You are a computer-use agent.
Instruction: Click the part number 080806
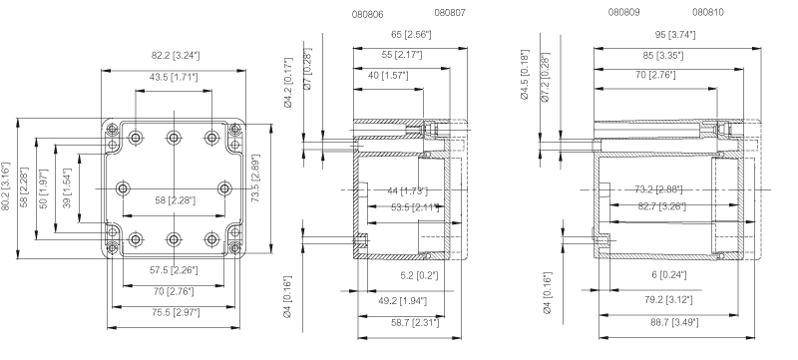[x=367, y=14]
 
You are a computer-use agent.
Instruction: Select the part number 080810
[x=708, y=12]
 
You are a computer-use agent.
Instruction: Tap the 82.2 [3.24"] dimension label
[x=176, y=56]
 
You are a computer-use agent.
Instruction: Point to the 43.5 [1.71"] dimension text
[x=174, y=78]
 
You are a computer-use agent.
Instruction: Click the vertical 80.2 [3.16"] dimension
[x=6, y=187]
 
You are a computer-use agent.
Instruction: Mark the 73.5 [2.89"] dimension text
[x=256, y=178]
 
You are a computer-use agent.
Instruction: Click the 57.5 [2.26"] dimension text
[x=174, y=270]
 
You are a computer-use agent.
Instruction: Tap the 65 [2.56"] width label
[x=411, y=35]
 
